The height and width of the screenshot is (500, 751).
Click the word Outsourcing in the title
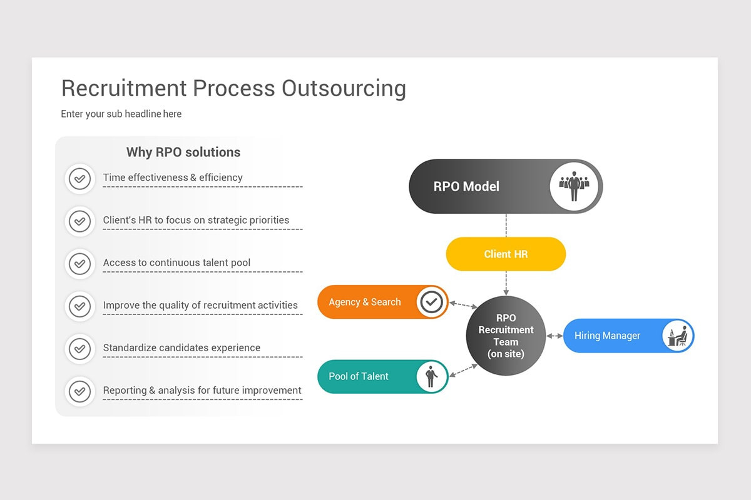tap(343, 88)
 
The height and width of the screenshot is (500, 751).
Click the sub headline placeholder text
tap(121, 114)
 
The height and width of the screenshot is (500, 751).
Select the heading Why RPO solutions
tap(183, 152)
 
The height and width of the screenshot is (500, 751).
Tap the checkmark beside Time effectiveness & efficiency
tap(79, 179)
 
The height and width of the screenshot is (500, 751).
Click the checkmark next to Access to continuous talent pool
tap(79, 264)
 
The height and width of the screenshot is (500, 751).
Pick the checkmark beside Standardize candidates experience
tap(79, 349)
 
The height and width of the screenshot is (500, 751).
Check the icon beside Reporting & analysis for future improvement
tap(79, 391)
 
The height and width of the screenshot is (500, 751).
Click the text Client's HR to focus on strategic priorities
tap(196, 220)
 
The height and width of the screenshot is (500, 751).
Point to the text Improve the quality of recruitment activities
tap(200, 305)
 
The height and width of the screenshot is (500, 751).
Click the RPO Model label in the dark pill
tap(466, 186)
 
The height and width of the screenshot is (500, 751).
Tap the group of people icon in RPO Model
tap(574, 186)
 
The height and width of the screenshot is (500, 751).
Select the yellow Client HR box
tap(506, 254)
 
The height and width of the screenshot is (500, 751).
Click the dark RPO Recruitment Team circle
tap(506, 336)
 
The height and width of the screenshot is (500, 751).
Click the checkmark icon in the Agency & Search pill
tap(431, 302)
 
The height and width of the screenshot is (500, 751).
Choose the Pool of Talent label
tap(359, 376)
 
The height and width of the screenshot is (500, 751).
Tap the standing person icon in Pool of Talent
tap(431, 376)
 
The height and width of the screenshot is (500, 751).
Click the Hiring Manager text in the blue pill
tap(607, 336)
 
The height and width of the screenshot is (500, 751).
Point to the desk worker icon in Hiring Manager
tap(677, 336)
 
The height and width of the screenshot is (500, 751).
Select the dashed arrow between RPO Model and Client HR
tap(506, 225)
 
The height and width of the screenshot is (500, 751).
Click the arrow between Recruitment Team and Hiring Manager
tap(554, 336)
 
